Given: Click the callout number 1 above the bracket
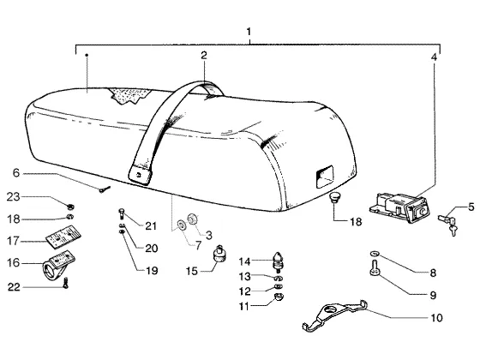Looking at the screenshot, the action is [249, 32].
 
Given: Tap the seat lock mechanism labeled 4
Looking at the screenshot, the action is [399, 206].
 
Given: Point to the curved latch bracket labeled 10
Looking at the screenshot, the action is [334, 315].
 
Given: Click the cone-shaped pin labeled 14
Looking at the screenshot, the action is [278, 262].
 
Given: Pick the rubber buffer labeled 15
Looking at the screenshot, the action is [219, 254].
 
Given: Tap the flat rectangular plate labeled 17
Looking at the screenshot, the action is [63, 236].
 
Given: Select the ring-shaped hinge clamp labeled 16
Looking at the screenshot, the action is [58, 265].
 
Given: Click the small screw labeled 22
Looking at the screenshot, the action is [65, 283].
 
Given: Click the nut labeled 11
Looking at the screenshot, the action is [279, 297].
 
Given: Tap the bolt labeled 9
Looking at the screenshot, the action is [374, 267].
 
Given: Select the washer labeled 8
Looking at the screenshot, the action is [375, 253].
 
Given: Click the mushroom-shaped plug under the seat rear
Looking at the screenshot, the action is [334, 197].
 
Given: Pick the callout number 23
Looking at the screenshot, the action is [13, 197].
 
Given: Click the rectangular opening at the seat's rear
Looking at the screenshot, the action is [324, 176].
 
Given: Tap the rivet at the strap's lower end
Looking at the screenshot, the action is [139, 175].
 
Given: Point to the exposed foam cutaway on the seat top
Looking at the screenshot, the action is [129, 95].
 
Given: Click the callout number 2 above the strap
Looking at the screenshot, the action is [204, 56].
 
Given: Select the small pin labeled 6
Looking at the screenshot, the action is [105, 189].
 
